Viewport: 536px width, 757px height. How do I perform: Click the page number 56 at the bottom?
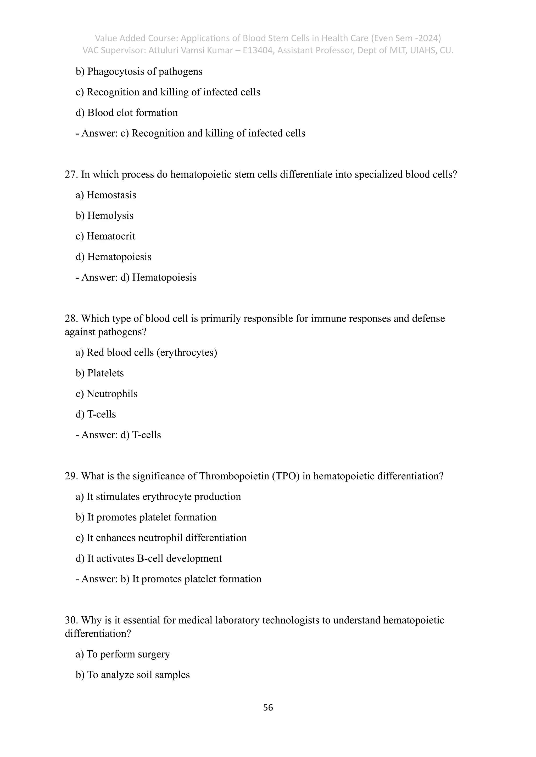tap(268, 707)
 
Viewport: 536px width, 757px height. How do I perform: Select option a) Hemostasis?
tap(106, 195)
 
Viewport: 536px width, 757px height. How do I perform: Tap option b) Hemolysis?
tap(104, 216)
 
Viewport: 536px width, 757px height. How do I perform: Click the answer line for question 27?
tap(136, 278)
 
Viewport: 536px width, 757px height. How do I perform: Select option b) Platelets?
tap(100, 373)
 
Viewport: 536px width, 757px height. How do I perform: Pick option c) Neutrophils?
tap(106, 394)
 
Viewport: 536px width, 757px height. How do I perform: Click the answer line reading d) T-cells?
tap(118, 435)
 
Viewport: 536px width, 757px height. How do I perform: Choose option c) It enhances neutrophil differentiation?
tap(161, 538)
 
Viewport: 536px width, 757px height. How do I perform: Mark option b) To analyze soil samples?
tap(133, 675)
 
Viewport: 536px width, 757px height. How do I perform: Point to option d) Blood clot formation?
tap(127, 113)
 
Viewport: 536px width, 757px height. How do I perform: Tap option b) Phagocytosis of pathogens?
tap(139, 72)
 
